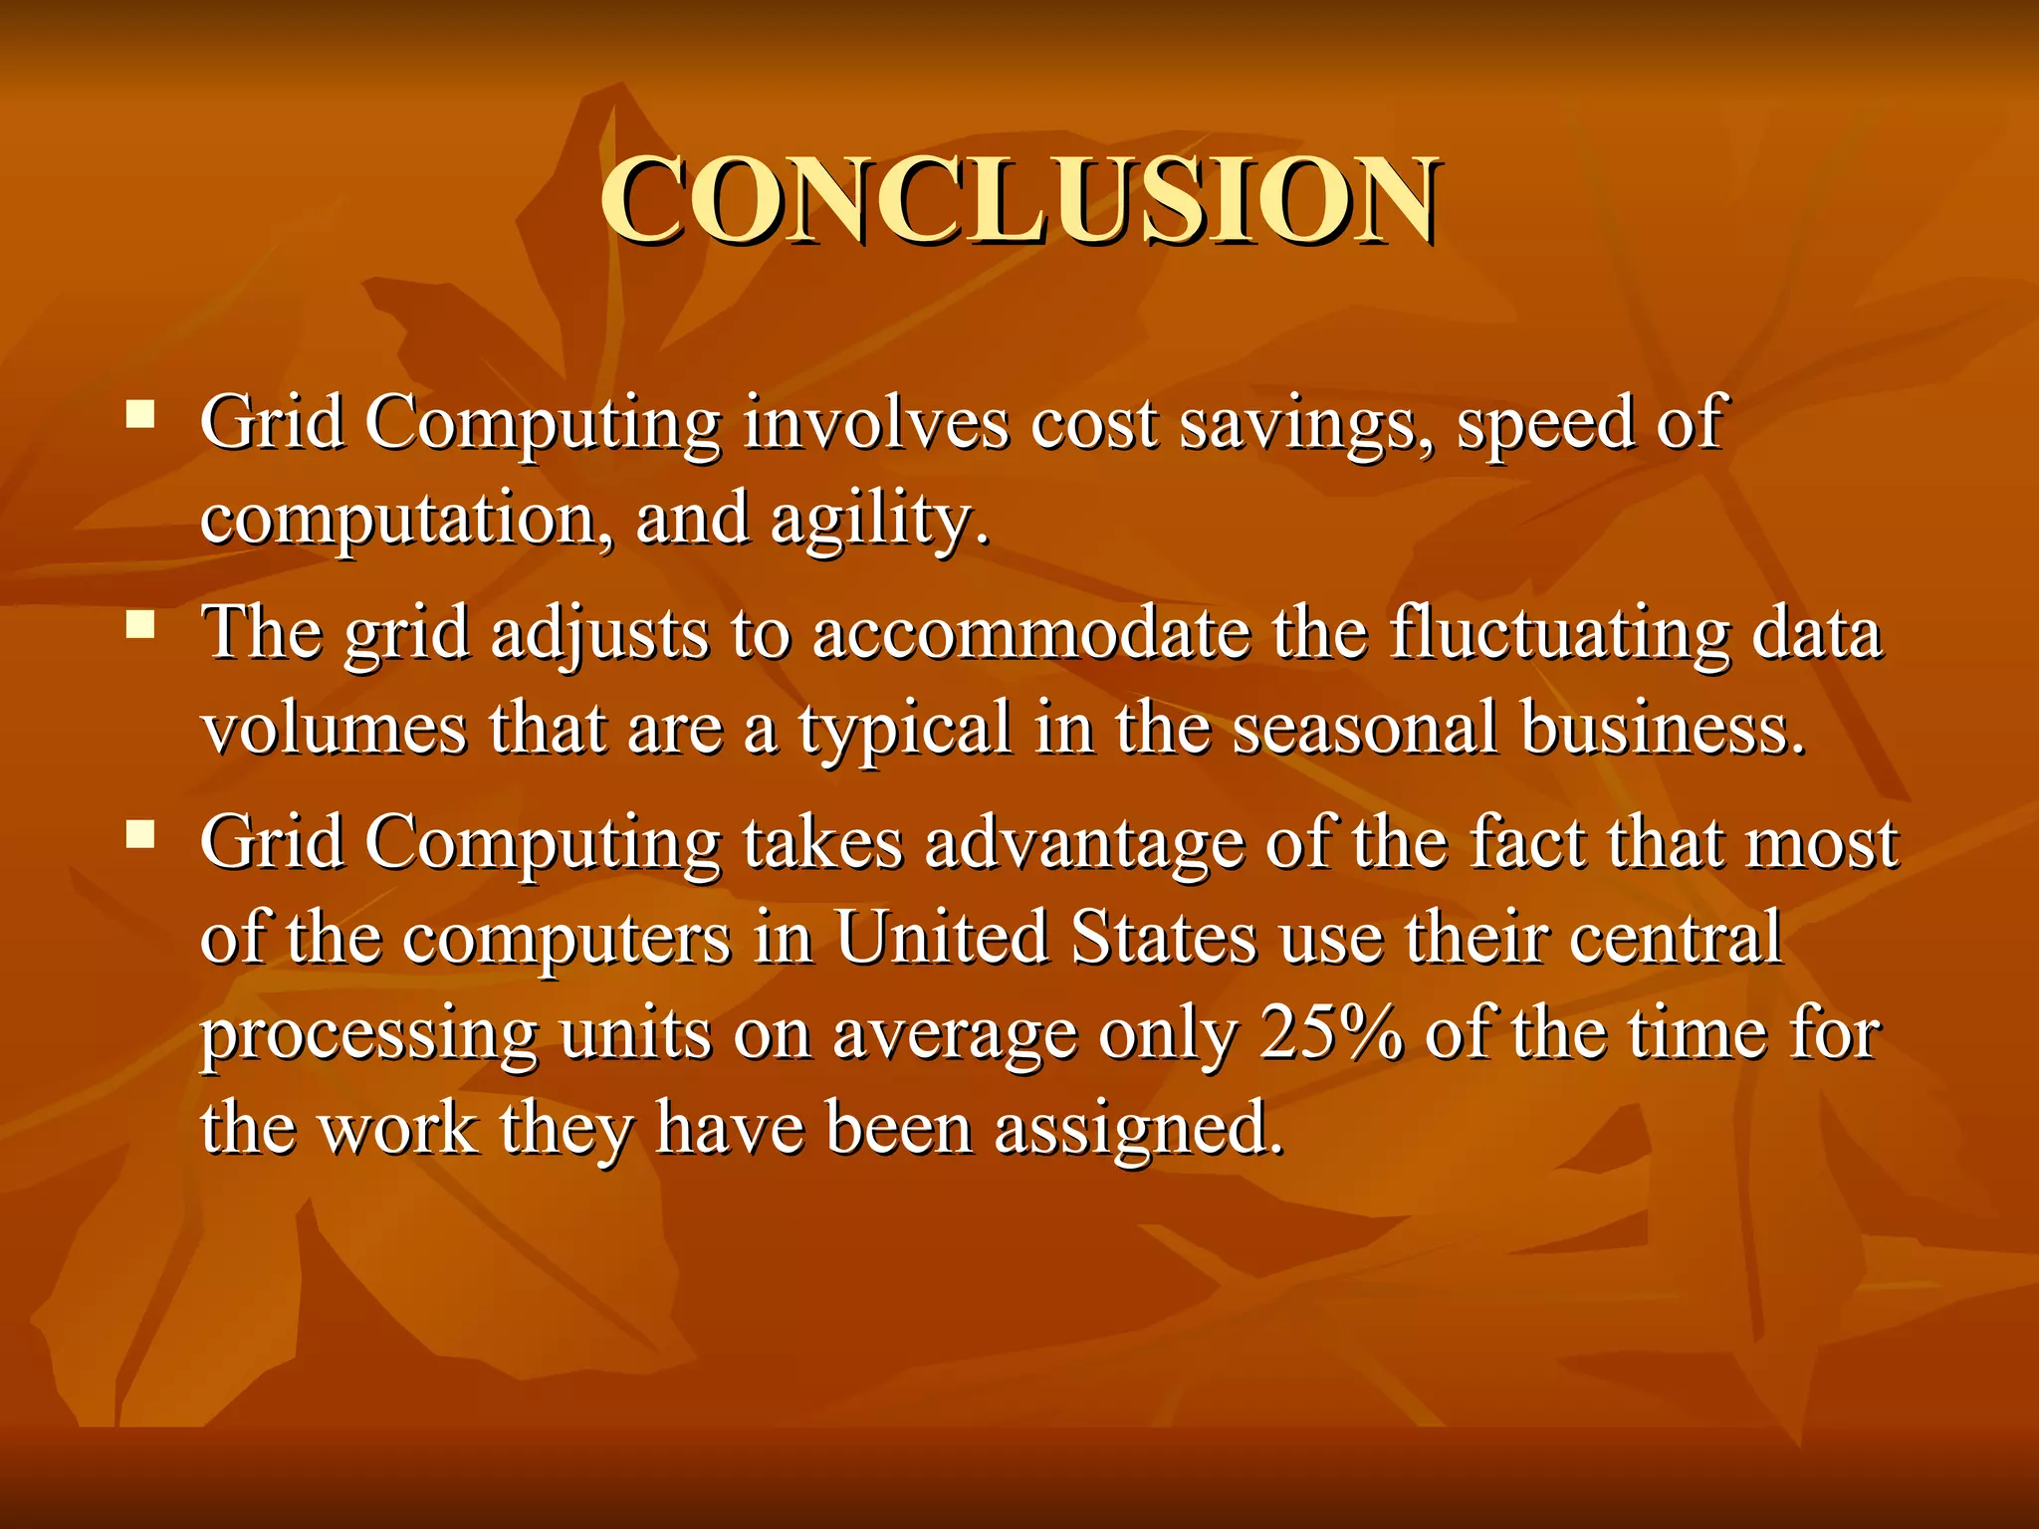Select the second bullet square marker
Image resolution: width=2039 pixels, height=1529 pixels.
coord(140,624)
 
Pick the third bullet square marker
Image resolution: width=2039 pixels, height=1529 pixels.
coord(140,833)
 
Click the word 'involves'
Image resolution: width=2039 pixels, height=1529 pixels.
coord(875,423)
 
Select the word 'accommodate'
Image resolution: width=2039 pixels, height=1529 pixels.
coord(1031,633)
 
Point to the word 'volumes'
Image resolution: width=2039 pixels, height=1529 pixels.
coord(334,729)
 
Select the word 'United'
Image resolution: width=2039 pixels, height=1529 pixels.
coord(941,938)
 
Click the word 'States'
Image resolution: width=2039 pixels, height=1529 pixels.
coord(1164,938)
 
